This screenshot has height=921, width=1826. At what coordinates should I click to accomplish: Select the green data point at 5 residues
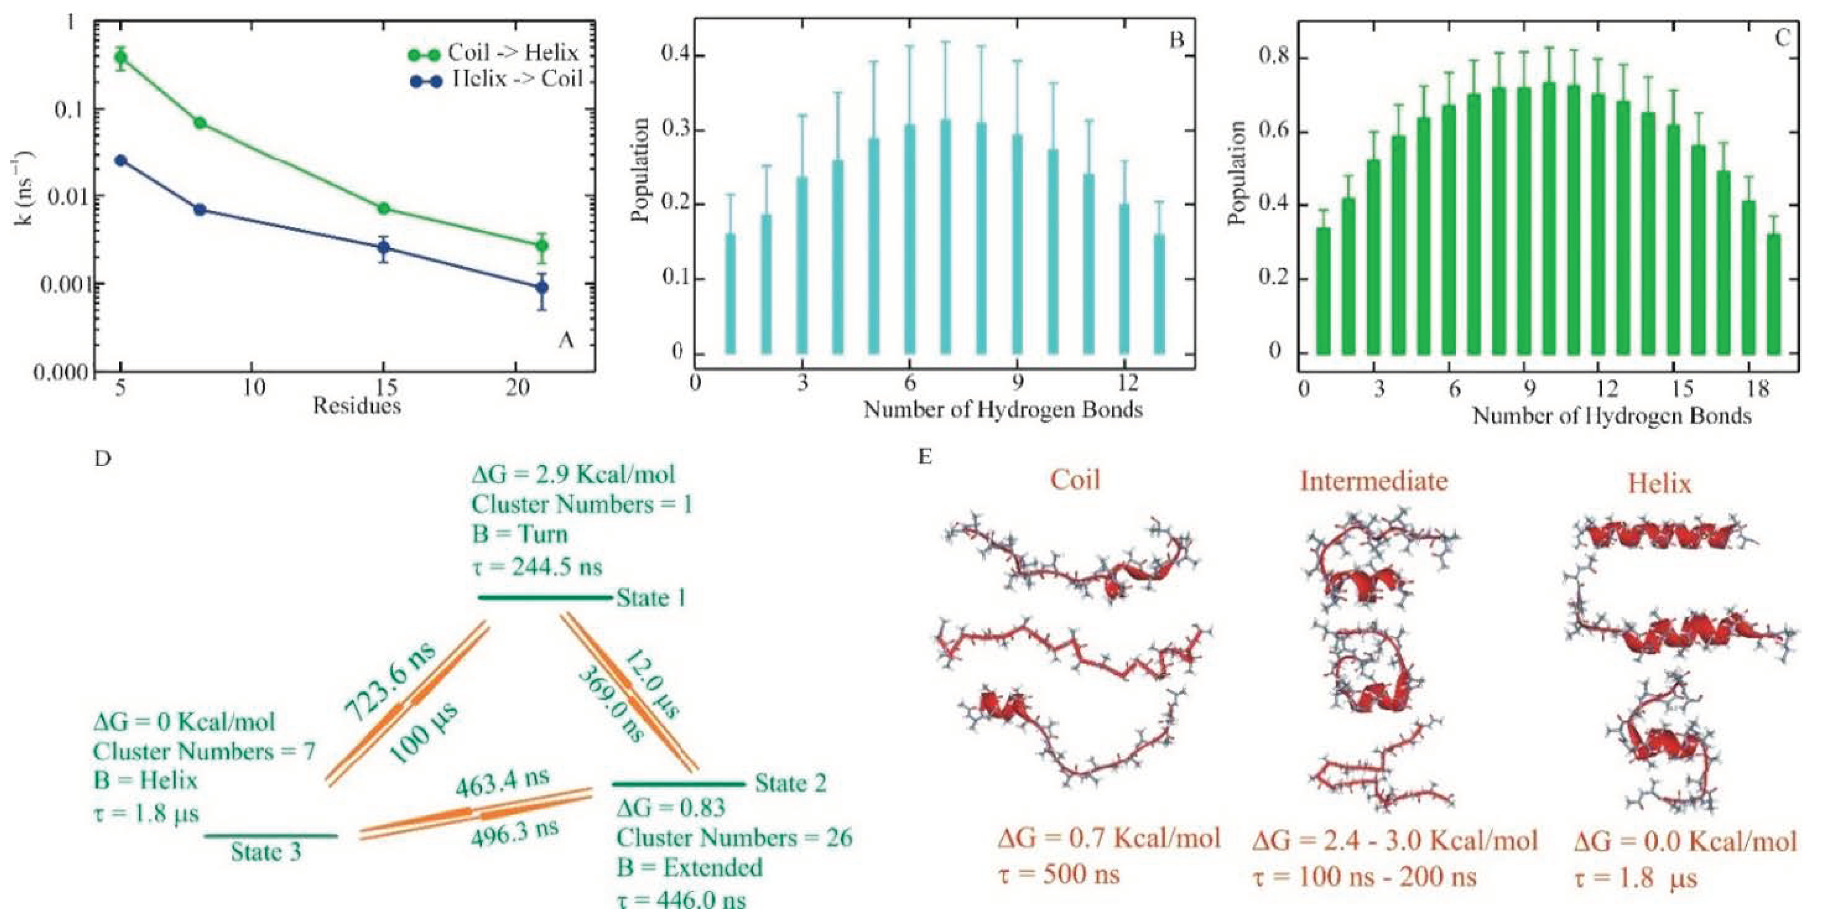tap(121, 57)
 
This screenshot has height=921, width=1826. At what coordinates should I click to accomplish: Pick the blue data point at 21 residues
tap(541, 287)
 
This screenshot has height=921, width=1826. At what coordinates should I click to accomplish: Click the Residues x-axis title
tap(357, 406)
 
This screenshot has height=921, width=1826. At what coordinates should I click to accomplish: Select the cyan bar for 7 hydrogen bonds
tap(945, 237)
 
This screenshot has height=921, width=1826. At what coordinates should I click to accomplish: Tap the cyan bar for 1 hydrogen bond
tap(730, 294)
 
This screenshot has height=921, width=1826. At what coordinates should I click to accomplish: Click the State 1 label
tap(651, 598)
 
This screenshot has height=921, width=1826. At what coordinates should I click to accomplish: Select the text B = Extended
tap(688, 867)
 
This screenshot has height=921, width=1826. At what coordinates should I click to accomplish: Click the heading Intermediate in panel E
tap(1373, 482)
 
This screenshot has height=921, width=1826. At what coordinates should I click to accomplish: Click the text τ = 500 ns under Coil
tap(1059, 874)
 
